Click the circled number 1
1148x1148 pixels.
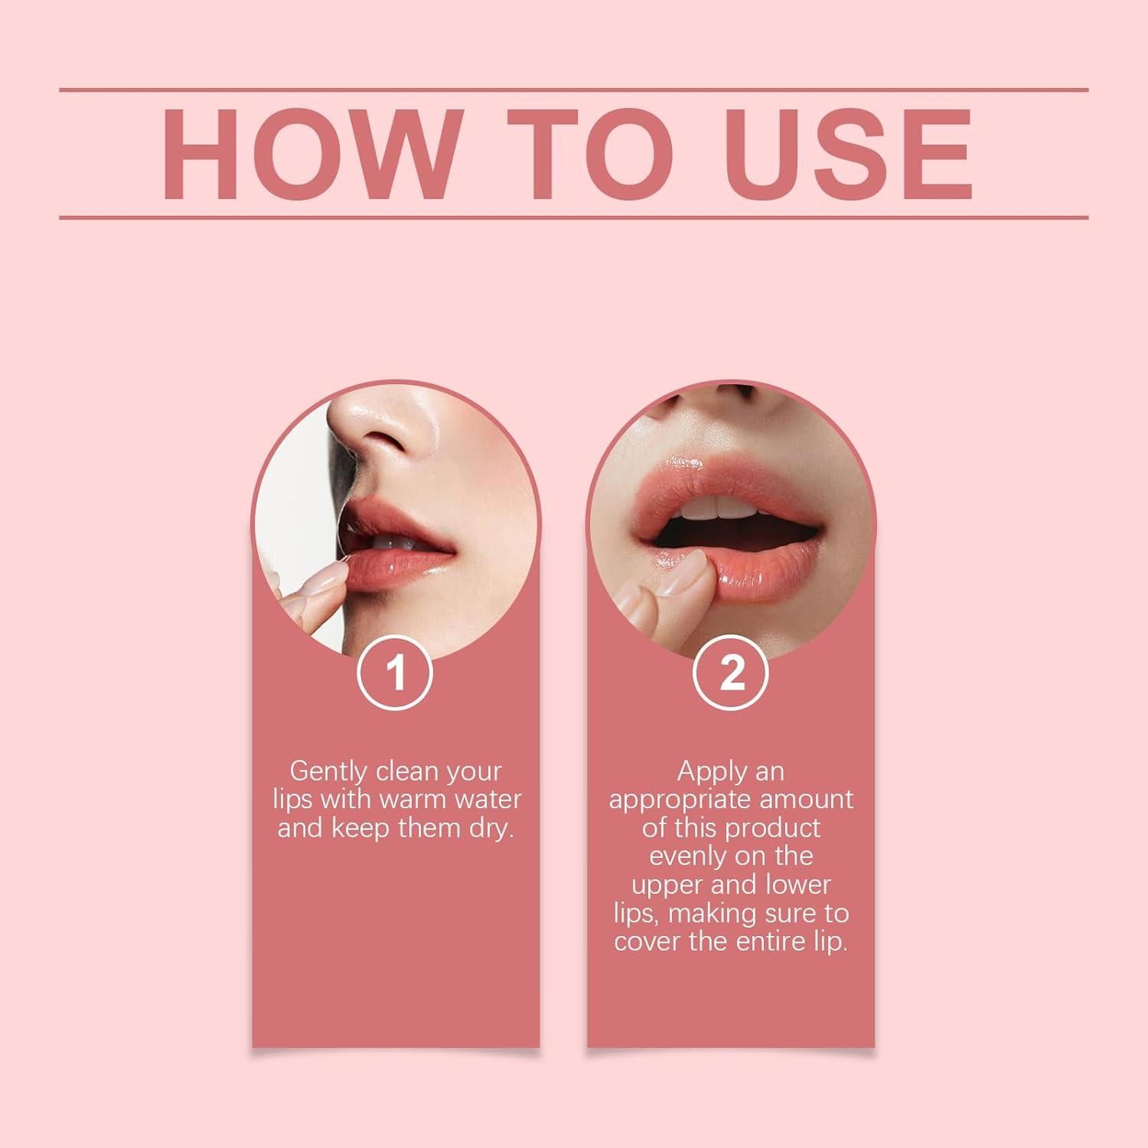[396, 674]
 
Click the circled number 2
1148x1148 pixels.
[731, 674]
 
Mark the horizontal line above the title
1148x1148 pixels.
[574, 90]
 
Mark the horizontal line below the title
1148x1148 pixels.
[574, 217]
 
